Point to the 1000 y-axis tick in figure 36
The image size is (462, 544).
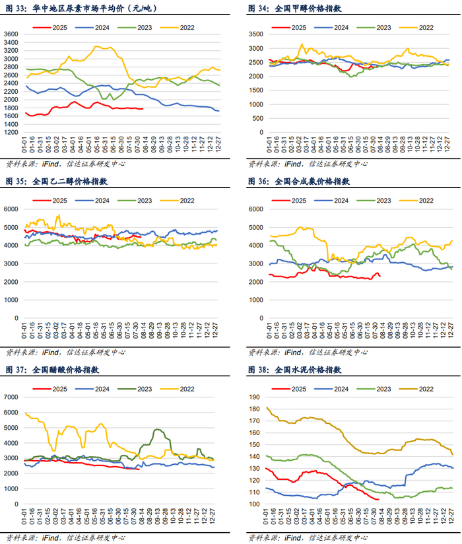click(x=257, y=299)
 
